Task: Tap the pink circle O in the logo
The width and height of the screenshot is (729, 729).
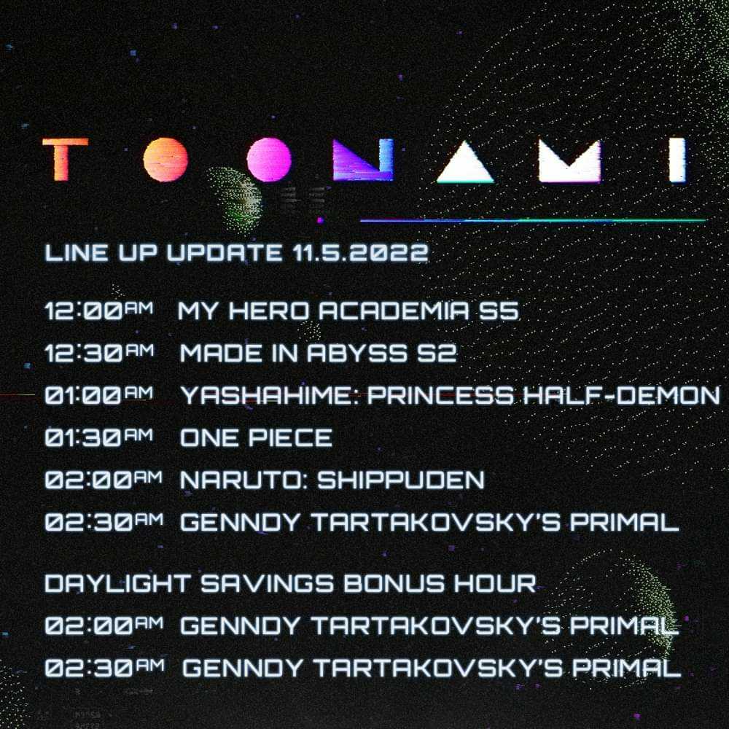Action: [269, 160]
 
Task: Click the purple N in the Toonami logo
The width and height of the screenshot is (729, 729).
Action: [362, 160]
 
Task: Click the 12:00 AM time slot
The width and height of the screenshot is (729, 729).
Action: [98, 312]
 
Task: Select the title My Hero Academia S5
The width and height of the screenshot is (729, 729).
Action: [348, 312]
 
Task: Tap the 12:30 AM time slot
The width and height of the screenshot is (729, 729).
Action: [98, 354]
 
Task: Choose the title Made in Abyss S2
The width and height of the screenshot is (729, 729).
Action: [318, 354]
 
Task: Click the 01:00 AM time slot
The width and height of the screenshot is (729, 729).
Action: [98, 396]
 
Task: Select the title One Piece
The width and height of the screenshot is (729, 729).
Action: [256, 437]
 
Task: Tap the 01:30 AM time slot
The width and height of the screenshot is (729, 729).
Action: [98, 437]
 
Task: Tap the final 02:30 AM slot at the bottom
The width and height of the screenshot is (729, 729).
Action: [102, 668]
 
